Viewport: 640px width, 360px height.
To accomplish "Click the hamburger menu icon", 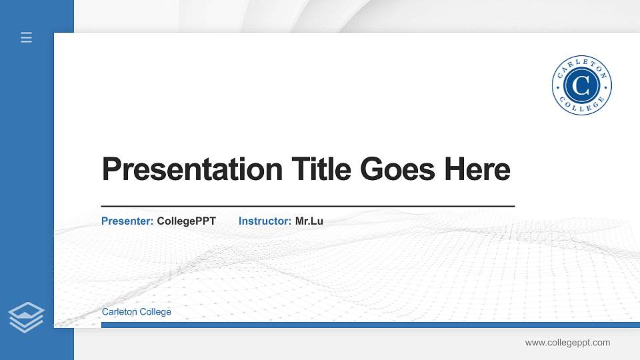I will click(x=26, y=37).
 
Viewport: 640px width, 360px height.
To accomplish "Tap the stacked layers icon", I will click(x=26, y=317).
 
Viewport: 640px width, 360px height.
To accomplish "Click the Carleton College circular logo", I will click(x=581, y=85).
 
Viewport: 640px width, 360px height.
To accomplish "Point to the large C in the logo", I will click(x=581, y=85).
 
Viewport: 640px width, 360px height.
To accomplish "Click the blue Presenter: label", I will click(x=127, y=221).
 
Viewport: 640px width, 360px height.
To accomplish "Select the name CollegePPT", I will click(x=186, y=221).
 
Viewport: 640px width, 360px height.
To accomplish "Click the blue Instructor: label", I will click(x=265, y=221).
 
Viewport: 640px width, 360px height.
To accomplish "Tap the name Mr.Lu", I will click(x=309, y=221).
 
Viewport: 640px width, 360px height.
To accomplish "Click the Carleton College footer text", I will click(x=136, y=312).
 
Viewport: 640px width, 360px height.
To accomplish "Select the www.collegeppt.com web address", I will click(x=567, y=343).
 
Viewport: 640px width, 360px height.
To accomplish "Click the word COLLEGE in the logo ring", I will click(x=581, y=107).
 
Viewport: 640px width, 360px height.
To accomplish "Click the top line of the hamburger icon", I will click(x=26, y=33).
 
